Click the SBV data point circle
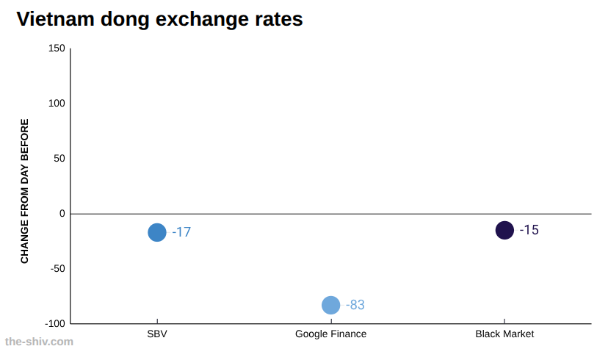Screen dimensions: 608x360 [157, 232]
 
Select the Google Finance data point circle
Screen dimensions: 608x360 [330, 305]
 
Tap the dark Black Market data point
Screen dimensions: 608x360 [504, 230]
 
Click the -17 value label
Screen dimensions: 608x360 [181, 232]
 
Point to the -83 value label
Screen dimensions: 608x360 [355, 305]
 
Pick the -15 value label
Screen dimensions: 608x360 [529, 230]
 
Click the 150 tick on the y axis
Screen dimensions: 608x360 [57, 48]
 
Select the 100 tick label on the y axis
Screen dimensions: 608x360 [57, 103]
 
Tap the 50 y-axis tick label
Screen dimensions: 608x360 [59, 158]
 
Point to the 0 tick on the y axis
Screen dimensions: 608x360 [62, 213]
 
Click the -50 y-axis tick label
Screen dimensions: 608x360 [58, 268]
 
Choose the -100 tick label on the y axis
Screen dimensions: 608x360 [55, 323]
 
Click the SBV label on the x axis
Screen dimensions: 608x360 [157, 334]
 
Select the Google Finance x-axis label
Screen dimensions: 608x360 [330, 334]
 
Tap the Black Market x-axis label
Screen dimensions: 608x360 [504, 334]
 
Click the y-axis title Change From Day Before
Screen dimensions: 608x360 [24, 191]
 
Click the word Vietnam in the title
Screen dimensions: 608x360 [56, 19]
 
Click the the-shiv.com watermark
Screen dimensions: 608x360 [39, 342]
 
